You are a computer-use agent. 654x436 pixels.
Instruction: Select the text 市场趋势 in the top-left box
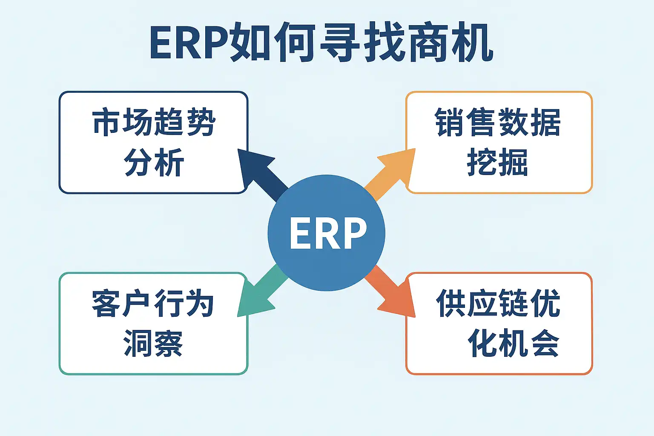154,123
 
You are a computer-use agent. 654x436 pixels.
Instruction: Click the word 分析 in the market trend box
154,162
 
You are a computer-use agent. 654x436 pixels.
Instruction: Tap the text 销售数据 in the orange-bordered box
498,123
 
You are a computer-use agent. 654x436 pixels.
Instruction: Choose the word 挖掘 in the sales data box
498,162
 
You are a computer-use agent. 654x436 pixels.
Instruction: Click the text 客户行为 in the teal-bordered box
153,304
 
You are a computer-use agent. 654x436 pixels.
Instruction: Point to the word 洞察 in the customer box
153,343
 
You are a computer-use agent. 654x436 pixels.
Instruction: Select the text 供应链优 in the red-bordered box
498,304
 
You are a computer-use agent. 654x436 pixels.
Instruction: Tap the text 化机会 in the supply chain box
513,343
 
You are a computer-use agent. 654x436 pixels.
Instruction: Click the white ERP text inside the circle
328,233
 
